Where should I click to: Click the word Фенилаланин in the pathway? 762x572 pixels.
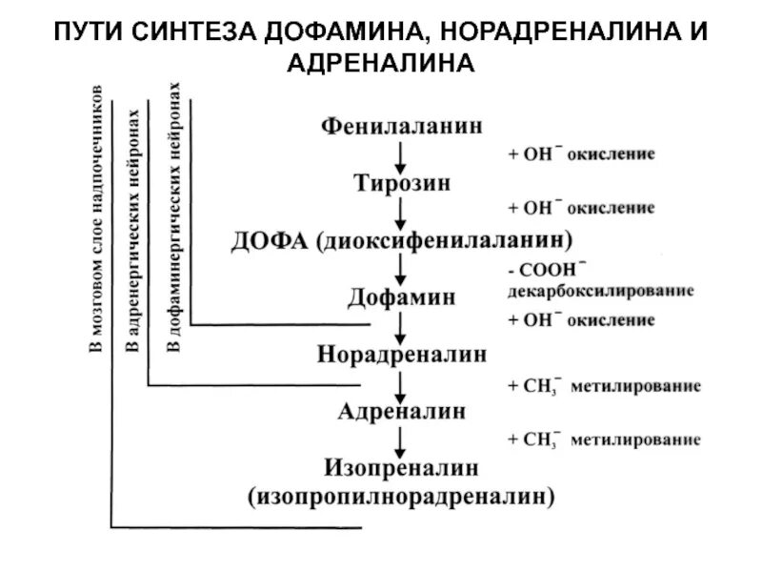pos(401,126)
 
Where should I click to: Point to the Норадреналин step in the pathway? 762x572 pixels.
pos(401,355)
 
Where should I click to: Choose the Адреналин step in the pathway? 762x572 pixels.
pos(401,412)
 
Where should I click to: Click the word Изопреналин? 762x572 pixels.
pos(401,468)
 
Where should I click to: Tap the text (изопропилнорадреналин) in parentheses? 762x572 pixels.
pos(401,496)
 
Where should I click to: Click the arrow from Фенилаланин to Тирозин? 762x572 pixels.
pos(401,153)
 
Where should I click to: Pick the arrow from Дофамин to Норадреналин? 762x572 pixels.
pos(401,326)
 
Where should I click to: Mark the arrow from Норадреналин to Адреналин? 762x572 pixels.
pos(401,383)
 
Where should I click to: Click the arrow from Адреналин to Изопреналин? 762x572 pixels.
pos(401,439)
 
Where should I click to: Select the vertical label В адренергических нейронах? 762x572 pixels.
pos(134,229)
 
